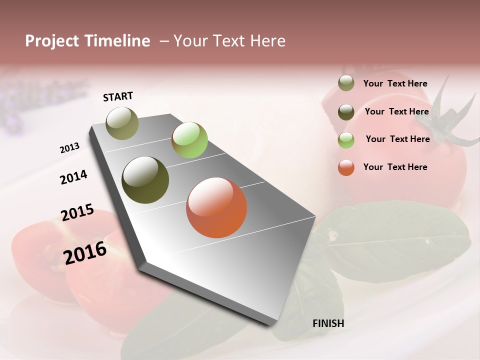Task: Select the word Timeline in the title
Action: pyautogui.click(x=117, y=41)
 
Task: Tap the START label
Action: pyautogui.click(x=118, y=96)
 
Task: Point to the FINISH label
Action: pyautogui.click(x=328, y=323)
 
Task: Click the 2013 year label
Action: pyautogui.click(x=69, y=148)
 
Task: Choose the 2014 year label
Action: pyautogui.click(x=73, y=177)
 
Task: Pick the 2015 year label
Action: pyautogui.click(x=77, y=212)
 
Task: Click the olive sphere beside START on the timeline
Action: pyautogui.click(x=122, y=123)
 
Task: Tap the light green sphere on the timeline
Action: pyautogui.click(x=189, y=140)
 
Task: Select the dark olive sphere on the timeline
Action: pyautogui.click(x=145, y=180)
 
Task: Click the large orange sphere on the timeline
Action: pyautogui.click(x=216, y=207)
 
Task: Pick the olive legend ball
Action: pyautogui.click(x=346, y=83)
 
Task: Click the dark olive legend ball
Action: pyautogui.click(x=346, y=112)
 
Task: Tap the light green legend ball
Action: pyautogui.click(x=346, y=140)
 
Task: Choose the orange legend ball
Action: pyautogui.click(x=346, y=167)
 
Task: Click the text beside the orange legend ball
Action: pyautogui.click(x=395, y=167)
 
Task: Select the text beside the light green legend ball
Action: pyautogui.click(x=398, y=139)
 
